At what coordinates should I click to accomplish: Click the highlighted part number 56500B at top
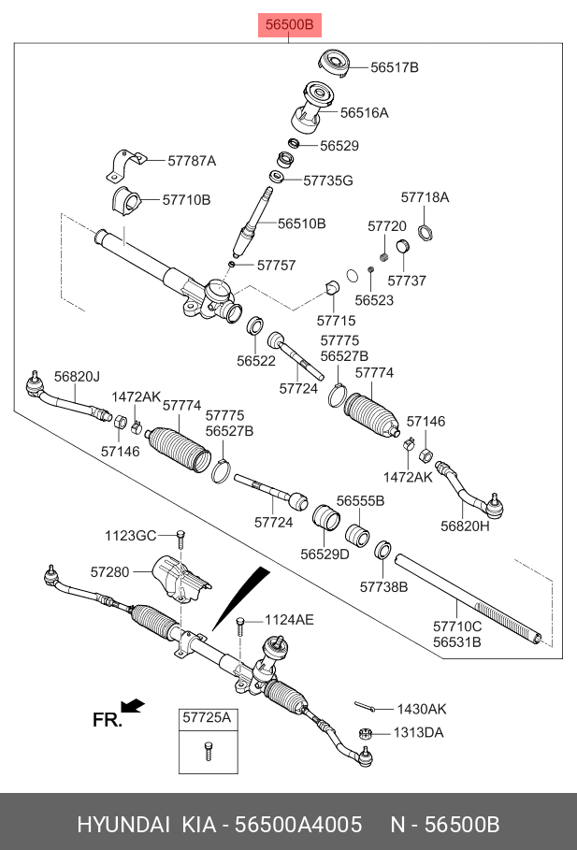click(x=289, y=24)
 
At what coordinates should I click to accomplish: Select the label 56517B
click(x=394, y=67)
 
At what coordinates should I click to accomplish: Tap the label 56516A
click(x=364, y=113)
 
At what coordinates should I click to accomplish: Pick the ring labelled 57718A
click(x=424, y=232)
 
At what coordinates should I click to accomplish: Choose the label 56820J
click(x=77, y=377)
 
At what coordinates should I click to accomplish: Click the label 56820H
click(x=465, y=526)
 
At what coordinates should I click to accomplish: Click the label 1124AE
click(x=289, y=619)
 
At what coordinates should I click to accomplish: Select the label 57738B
click(x=383, y=587)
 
